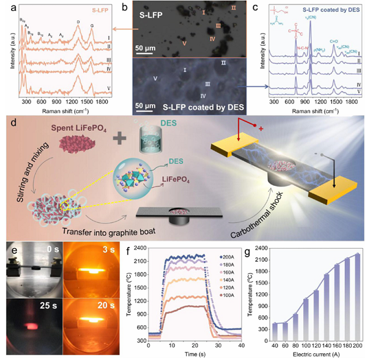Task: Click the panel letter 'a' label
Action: (6, 7)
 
